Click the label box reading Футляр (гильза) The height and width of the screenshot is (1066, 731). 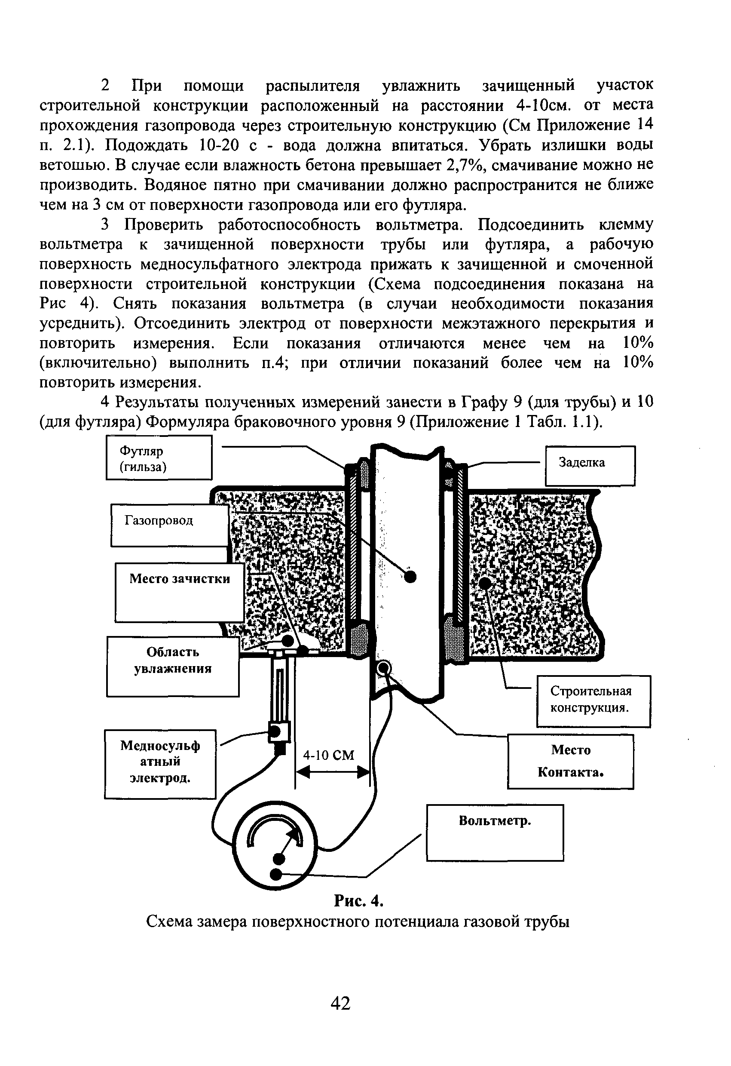pos(159,458)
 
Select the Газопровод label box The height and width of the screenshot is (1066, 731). pos(170,525)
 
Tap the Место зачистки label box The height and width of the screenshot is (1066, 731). pos(179,592)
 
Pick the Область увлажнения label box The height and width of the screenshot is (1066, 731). pos(173,666)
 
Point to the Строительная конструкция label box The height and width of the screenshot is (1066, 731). pos(593,701)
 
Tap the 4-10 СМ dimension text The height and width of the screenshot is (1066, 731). pos(329,755)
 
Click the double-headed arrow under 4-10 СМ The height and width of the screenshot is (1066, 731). pos(332,773)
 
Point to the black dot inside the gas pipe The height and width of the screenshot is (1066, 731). pos(410,577)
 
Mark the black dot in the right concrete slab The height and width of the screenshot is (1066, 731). pos(485,583)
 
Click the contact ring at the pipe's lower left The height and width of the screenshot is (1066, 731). pos(383,668)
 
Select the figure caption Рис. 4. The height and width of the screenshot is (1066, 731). pos(358,901)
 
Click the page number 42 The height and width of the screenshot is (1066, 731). pos(340,1003)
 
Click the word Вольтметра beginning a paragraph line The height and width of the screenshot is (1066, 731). pos(81,245)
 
